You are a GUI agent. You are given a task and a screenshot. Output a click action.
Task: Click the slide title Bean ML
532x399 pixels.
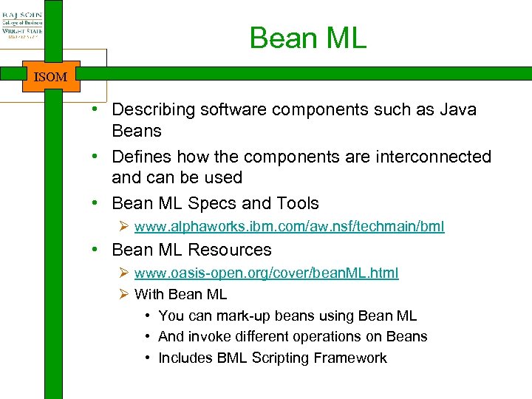pyautogui.click(x=307, y=38)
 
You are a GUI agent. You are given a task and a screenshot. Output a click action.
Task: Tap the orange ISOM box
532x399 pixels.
pyautogui.click(x=51, y=77)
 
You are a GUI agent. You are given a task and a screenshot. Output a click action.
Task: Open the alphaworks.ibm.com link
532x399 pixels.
pyautogui.click(x=289, y=227)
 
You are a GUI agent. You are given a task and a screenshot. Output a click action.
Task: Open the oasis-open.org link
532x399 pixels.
pyautogui.click(x=266, y=273)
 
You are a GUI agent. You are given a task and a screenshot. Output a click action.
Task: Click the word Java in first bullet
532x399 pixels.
pyautogui.click(x=458, y=110)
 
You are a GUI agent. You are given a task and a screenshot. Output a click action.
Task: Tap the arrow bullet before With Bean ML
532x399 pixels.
pyautogui.click(x=124, y=294)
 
